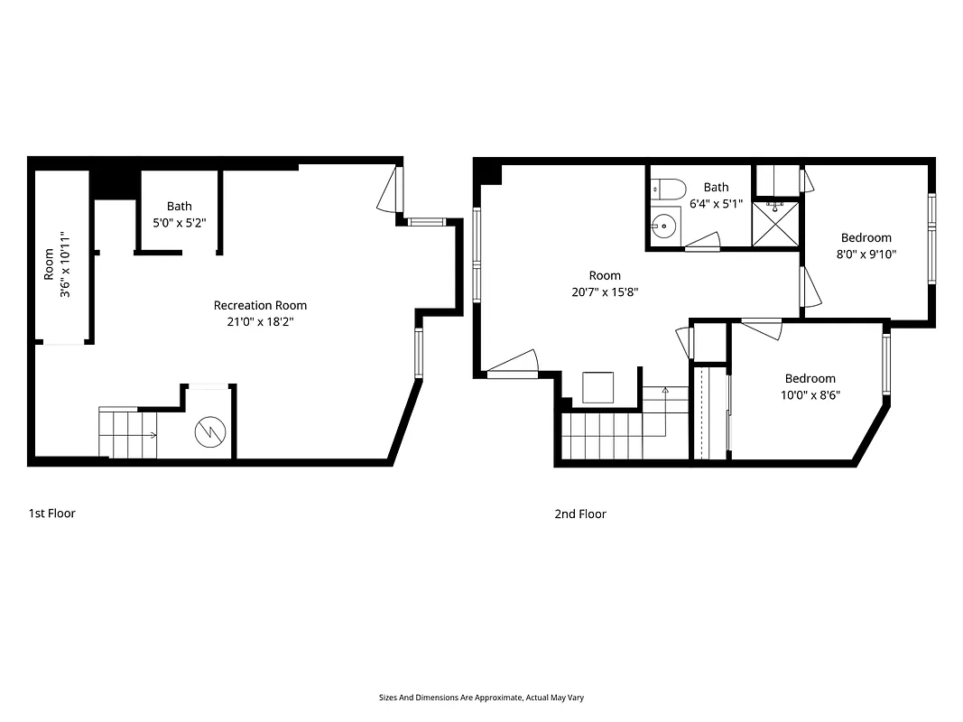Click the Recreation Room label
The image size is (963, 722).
(x=260, y=305)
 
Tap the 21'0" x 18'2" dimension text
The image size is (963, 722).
(x=260, y=321)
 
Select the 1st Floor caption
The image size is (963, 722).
(x=51, y=514)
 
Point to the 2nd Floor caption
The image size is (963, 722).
(x=580, y=514)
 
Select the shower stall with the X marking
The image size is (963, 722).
(x=775, y=223)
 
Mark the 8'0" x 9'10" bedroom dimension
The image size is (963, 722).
(x=866, y=254)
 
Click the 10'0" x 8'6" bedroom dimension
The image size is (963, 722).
(x=810, y=394)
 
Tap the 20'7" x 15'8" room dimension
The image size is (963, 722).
(x=605, y=292)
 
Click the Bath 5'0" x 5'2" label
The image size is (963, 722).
(x=179, y=214)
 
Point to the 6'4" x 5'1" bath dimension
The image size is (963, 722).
(x=716, y=203)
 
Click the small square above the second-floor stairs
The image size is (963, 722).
(x=598, y=387)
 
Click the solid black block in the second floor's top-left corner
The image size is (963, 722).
(x=488, y=171)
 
